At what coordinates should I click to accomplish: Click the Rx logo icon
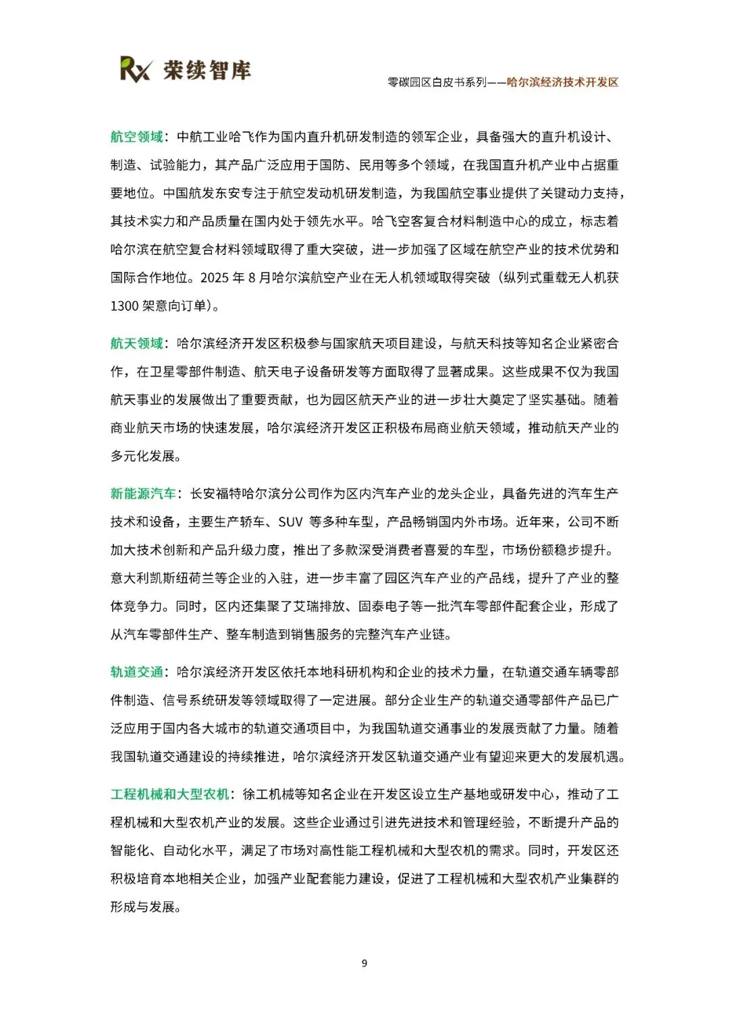(135, 69)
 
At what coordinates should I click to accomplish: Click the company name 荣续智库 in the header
(207, 69)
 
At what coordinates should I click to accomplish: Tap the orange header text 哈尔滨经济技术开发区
(562, 82)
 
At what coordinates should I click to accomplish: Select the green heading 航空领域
(136, 137)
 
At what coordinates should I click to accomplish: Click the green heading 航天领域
(136, 343)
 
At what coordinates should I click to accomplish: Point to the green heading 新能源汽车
(143, 494)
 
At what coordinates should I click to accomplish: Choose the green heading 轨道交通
(136, 672)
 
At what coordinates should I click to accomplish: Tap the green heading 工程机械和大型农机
(169, 794)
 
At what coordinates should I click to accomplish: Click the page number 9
(364, 963)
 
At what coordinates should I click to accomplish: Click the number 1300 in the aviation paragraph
(124, 306)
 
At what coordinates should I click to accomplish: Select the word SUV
(290, 522)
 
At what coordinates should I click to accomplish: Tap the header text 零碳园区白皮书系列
(436, 82)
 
